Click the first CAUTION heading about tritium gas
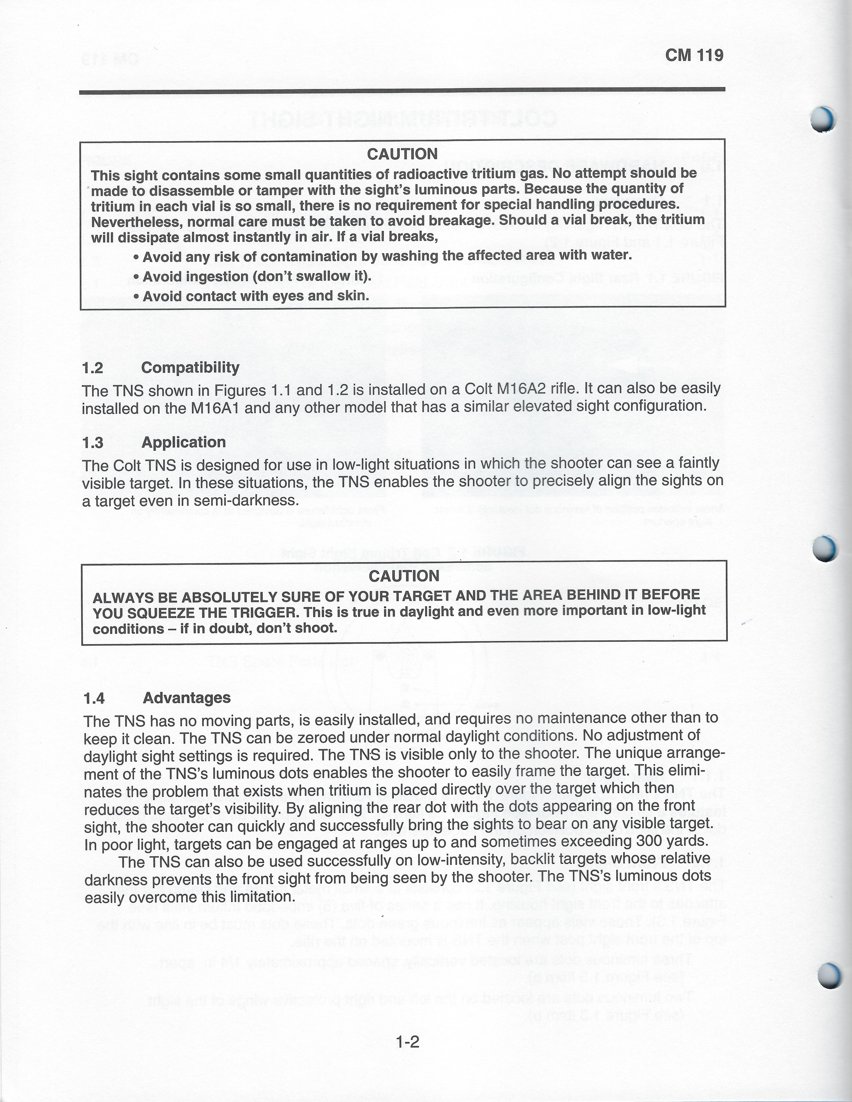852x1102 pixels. pyautogui.click(x=402, y=154)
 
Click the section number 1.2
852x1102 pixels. pyautogui.click(x=93, y=368)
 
